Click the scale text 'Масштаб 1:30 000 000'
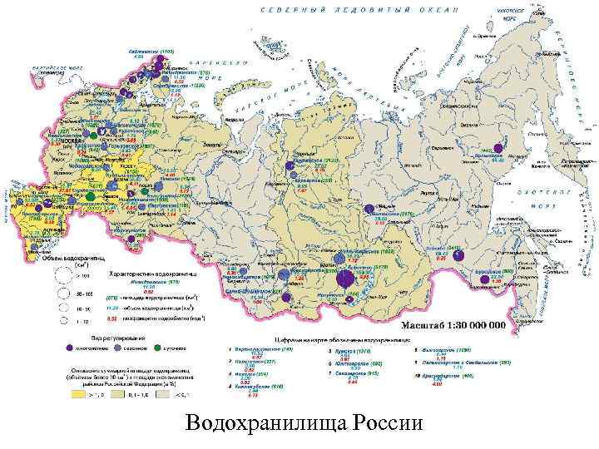[453, 326]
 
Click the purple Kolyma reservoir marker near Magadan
[498, 149]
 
